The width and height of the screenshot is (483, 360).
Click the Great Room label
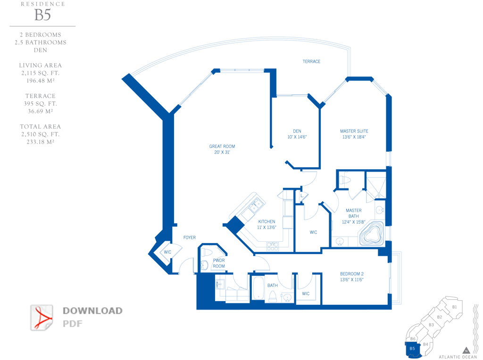point(222,147)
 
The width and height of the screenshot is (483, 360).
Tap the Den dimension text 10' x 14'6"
point(297,137)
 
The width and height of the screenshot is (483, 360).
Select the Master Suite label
point(354,131)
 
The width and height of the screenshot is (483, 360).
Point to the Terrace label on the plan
point(311,62)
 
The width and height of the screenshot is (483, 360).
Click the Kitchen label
point(267,221)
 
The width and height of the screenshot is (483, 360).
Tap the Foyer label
point(190,237)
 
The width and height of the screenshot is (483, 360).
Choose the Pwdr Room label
point(219,263)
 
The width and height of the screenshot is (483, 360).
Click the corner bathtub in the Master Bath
point(372,235)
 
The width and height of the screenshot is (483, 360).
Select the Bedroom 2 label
point(352,274)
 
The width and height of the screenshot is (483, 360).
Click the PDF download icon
point(42,318)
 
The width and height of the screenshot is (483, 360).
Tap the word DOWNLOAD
point(93,311)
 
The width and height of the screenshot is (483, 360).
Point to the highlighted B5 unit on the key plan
point(412,349)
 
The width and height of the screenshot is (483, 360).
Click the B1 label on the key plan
point(454,307)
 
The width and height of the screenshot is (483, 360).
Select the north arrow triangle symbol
point(466,351)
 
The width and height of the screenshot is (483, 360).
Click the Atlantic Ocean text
point(458,357)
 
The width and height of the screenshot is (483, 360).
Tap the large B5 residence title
point(42,15)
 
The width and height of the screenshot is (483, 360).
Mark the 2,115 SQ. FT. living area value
point(41,73)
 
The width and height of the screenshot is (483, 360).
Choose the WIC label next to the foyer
point(167,252)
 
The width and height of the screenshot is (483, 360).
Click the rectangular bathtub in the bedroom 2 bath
point(258,288)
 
